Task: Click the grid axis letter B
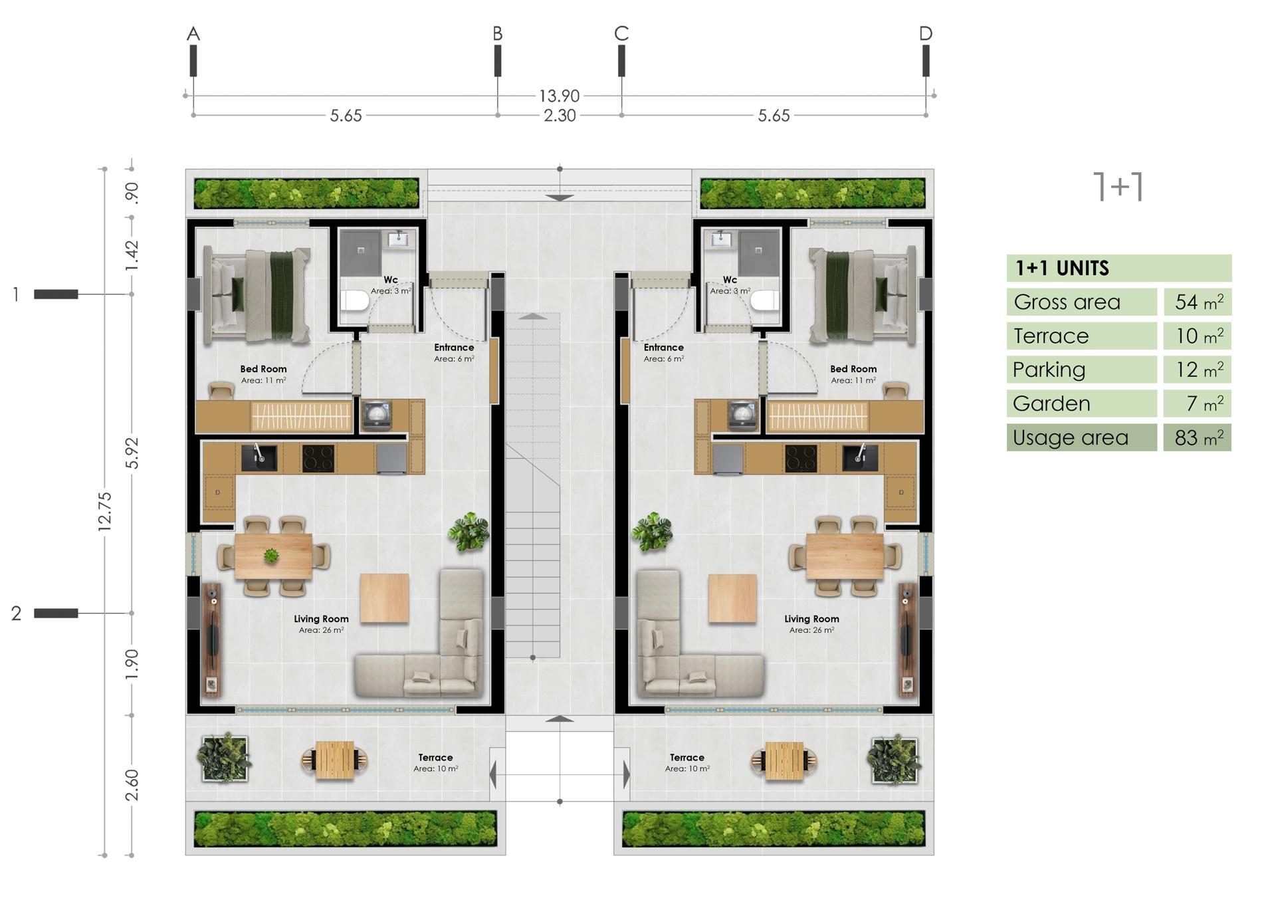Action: click(x=497, y=33)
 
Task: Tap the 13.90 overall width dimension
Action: click(x=560, y=96)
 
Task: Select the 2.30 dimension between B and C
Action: click(x=560, y=116)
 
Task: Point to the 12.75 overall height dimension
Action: click(x=104, y=511)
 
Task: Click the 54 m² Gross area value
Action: click(x=1199, y=302)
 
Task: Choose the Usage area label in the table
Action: click(x=1070, y=437)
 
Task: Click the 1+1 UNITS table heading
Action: click(x=1062, y=268)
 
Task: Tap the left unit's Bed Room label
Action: click(x=263, y=369)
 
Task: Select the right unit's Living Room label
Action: click(x=811, y=619)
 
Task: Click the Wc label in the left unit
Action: click(x=391, y=280)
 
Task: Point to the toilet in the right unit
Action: click(x=764, y=301)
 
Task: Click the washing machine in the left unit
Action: click(x=376, y=415)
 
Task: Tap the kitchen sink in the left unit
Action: click(x=259, y=458)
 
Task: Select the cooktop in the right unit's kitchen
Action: click(x=801, y=458)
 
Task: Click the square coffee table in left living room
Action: click(x=384, y=598)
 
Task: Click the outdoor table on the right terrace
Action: click(x=784, y=760)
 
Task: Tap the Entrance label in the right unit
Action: click(x=663, y=348)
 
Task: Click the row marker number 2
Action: click(x=17, y=613)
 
